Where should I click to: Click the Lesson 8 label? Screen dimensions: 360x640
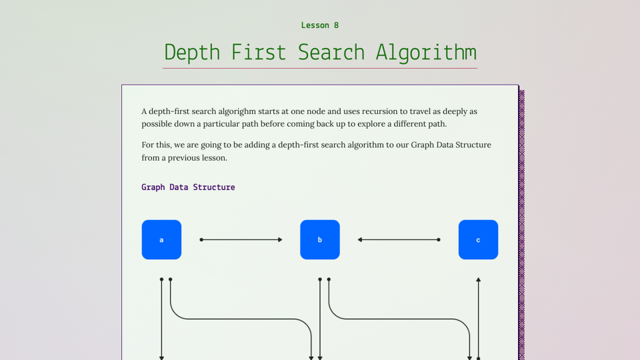click(x=320, y=25)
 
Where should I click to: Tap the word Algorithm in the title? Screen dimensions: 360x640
click(x=426, y=53)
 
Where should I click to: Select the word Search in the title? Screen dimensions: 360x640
click(x=331, y=53)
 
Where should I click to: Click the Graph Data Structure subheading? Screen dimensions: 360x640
click(x=188, y=187)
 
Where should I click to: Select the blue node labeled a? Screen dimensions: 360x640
click(x=161, y=239)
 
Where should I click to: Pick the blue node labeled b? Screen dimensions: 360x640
click(x=320, y=239)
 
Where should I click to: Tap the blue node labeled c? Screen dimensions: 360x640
click(x=478, y=239)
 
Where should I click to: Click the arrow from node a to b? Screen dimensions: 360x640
click(x=241, y=239)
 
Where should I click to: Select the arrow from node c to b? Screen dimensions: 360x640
click(x=399, y=239)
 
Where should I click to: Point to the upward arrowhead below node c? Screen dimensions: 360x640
click(x=478, y=281)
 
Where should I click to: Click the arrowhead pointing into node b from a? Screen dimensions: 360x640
click(x=280, y=239)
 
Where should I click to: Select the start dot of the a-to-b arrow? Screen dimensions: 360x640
click(x=201, y=239)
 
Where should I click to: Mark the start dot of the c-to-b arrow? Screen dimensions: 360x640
click(x=439, y=239)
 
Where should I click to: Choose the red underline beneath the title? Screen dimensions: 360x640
click(x=320, y=68)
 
